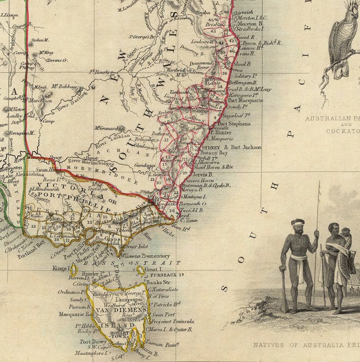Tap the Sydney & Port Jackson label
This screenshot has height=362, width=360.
(x=231, y=147)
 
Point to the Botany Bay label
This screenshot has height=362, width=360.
(x=214, y=153)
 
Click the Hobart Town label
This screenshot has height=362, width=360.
(x=119, y=335)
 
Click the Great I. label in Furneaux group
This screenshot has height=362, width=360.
(x=153, y=269)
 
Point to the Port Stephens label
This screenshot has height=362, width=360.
(x=234, y=124)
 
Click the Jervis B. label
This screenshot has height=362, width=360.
(x=202, y=174)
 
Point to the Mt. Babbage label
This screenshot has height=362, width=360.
(x=64, y=87)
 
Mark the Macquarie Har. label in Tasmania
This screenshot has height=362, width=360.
(x=72, y=314)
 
